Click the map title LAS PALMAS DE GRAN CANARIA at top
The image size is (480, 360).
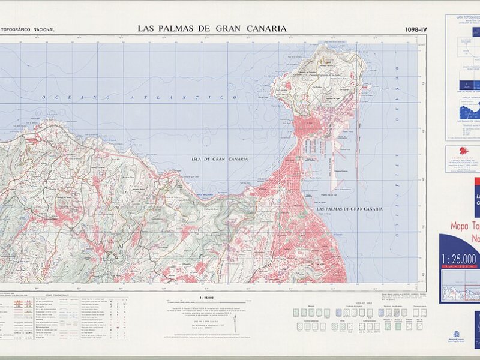[x=212, y=28]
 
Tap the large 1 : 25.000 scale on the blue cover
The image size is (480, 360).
[x=459, y=259]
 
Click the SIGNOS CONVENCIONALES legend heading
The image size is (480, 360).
[x=57, y=295]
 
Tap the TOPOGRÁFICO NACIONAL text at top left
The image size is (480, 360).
[x=28, y=29]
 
